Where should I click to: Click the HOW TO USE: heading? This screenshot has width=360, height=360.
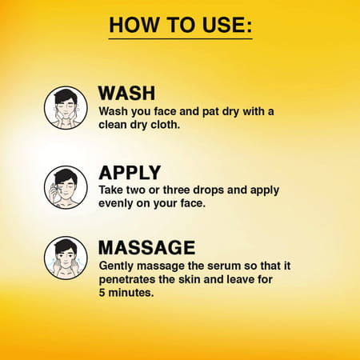181,25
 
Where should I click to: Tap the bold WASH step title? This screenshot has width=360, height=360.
126,93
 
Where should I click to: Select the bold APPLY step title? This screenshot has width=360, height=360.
130,173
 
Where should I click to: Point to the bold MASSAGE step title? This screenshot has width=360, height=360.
147,247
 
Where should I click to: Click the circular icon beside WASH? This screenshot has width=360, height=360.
66,108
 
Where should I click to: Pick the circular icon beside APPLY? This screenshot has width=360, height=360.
66,187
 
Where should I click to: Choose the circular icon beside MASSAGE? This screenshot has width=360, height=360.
66,258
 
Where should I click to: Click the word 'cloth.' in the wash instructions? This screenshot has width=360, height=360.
166,125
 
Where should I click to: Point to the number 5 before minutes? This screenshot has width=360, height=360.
102,293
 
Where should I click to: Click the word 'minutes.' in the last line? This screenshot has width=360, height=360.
131,293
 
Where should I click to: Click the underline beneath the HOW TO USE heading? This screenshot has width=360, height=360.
181,39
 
